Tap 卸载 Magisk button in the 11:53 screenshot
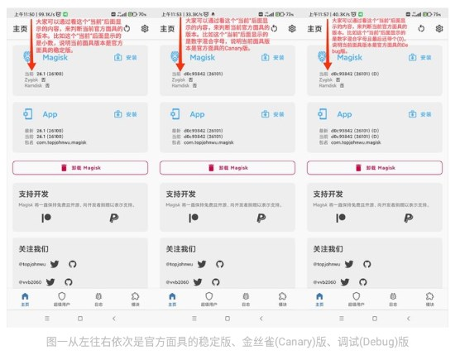pos(229,166)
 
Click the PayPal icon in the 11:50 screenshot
pos(113,217)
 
